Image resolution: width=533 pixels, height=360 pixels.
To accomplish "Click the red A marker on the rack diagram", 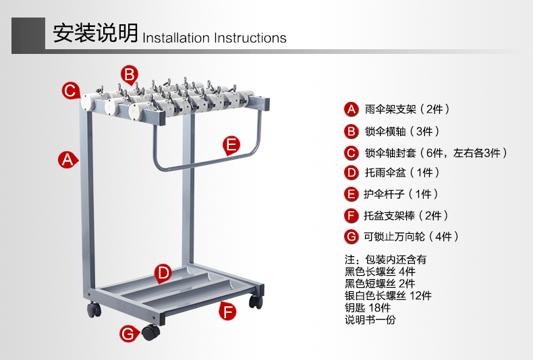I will [x=66, y=160].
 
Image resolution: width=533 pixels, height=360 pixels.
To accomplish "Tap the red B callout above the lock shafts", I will [x=130, y=74].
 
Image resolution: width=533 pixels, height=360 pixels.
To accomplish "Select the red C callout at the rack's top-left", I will [x=70, y=90].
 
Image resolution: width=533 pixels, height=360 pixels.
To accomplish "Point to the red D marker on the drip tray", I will [x=163, y=273].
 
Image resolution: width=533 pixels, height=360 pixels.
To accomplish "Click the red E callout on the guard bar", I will [x=231, y=144].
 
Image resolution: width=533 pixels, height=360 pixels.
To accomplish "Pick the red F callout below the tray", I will [x=228, y=311].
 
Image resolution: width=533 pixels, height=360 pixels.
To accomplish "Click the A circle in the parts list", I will [x=350, y=109].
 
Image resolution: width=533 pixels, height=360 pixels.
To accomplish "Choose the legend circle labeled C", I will [x=350, y=152].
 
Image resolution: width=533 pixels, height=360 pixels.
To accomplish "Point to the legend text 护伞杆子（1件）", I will [x=401, y=194].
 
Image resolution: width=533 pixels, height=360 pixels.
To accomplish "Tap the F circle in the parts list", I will [x=350, y=216].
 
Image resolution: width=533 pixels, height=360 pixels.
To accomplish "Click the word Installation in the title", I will [x=177, y=38].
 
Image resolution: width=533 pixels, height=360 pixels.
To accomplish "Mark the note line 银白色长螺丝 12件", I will [x=388, y=295].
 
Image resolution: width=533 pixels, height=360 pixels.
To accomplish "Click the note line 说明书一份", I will [x=370, y=320].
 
